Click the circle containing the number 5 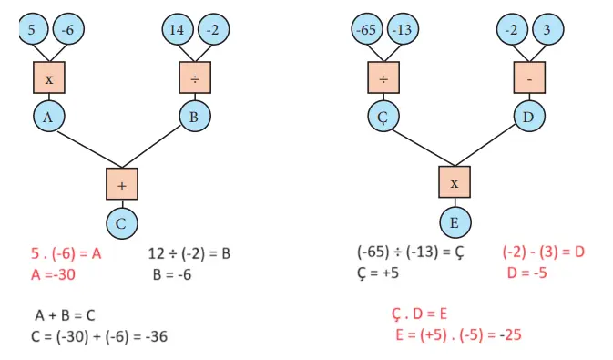tap(32, 30)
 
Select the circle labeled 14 tap(178, 30)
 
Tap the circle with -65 tap(366, 30)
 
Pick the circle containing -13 tap(402, 30)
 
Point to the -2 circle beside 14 tap(212, 30)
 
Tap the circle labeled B tap(195, 116)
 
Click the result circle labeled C tap(121, 221)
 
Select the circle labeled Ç tap(383, 116)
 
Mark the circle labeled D tap(529, 116)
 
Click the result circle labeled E tap(455, 221)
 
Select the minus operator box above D tap(529, 78)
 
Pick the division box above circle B tap(195, 78)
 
